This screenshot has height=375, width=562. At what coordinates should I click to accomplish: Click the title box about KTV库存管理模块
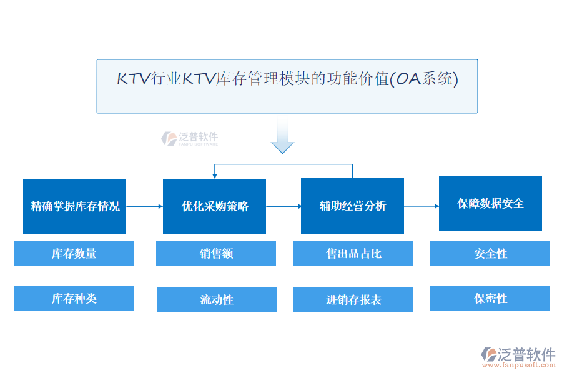coord(287,86)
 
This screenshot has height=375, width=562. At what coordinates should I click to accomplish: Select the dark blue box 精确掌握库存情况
coord(75,206)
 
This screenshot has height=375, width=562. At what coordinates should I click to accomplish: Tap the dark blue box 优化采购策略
coord(214,206)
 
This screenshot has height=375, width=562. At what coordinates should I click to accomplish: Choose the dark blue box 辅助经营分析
coord(352,206)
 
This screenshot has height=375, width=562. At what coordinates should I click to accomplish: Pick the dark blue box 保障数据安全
coord(490,204)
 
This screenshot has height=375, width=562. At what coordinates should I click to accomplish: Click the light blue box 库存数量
coord(74,254)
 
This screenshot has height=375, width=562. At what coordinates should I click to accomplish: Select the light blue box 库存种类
coord(74,299)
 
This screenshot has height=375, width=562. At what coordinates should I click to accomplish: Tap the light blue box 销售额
coord(216,254)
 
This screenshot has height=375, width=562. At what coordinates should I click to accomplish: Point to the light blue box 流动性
coord(216,300)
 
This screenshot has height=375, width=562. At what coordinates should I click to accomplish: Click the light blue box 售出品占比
coord(353,254)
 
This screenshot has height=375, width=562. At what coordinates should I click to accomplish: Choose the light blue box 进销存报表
coord(353,300)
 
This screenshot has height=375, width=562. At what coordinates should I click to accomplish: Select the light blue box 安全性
coord(490,254)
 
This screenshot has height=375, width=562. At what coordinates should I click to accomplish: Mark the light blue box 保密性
coord(490,299)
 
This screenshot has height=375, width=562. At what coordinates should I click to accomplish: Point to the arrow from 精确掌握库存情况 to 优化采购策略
coord(144,206)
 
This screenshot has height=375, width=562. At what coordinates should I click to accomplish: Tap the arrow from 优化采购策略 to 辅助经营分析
coord(283,206)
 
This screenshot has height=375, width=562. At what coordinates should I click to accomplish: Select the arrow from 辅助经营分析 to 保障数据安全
coord(421,206)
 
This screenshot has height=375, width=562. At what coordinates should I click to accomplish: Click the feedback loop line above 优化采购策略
coord(283,164)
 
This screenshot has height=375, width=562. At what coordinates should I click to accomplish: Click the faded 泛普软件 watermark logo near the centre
coord(189,138)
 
